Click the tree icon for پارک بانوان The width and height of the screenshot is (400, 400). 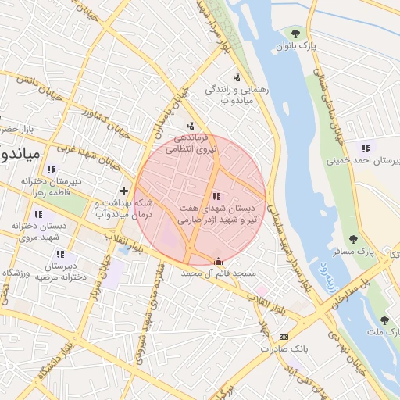click(x=295, y=33)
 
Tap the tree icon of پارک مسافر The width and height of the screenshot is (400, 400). click(x=353, y=238)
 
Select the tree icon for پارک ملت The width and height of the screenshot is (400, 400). click(x=384, y=320)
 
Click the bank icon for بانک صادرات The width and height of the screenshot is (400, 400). click(x=283, y=337)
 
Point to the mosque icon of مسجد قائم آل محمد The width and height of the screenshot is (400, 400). click(x=217, y=261)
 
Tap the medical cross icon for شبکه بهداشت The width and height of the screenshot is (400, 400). click(x=123, y=191)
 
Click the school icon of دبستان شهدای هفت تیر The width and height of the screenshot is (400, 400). click(x=216, y=196)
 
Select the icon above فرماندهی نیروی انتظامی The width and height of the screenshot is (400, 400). click(x=191, y=125)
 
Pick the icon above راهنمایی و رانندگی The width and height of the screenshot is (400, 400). click(x=236, y=77)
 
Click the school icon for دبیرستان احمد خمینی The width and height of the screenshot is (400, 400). click(x=365, y=148)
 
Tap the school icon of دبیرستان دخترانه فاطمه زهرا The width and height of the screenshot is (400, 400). click(x=51, y=170)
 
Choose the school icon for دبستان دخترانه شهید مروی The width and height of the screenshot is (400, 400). click(x=37, y=213)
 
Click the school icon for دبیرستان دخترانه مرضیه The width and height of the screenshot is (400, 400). click(x=59, y=254)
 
